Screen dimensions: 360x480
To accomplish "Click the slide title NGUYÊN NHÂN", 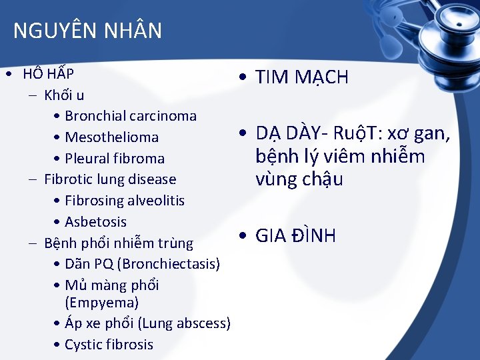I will point(87,31).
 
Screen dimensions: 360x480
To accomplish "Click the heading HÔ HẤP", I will point(48,73).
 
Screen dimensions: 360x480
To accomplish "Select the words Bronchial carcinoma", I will point(131,116).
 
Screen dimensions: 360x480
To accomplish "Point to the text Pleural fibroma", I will point(115,159).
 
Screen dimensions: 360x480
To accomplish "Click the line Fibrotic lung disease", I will point(110,179).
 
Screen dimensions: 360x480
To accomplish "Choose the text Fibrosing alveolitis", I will point(125,201).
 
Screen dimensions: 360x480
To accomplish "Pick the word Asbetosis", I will point(95,222).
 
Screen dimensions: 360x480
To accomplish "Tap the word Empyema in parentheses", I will point(102,303).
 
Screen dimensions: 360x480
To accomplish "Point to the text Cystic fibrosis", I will point(109,345).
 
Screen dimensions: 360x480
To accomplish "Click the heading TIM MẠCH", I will point(302,77).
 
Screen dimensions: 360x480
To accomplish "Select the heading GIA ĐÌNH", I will point(295,236).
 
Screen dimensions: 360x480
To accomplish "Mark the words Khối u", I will point(64,95).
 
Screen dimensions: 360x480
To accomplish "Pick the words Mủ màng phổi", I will point(112,285).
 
